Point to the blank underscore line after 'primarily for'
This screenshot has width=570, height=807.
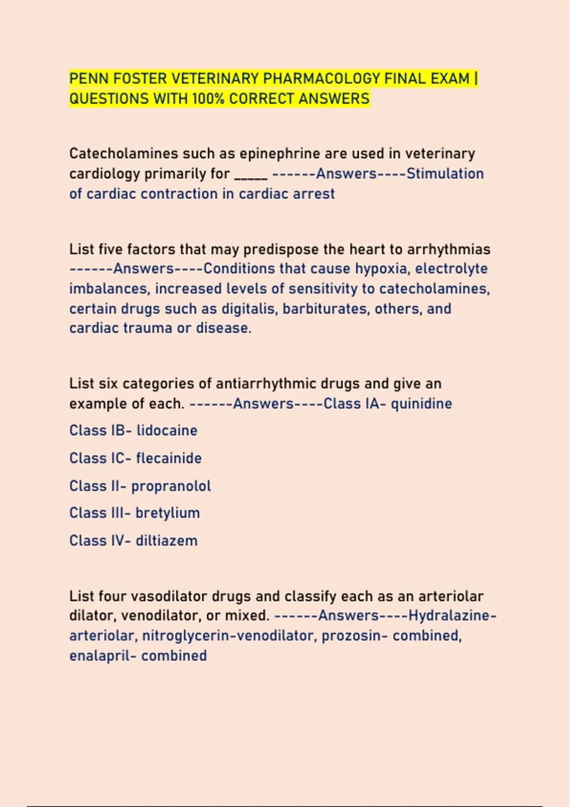click(251, 175)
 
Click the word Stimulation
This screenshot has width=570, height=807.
click(445, 174)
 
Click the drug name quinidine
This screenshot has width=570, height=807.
click(421, 404)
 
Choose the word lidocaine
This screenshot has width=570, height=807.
click(167, 431)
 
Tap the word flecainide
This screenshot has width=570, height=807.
click(169, 458)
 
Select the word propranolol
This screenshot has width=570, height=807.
click(171, 486)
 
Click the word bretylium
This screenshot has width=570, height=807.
click(167, 513)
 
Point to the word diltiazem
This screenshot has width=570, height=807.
click(166, 541)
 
